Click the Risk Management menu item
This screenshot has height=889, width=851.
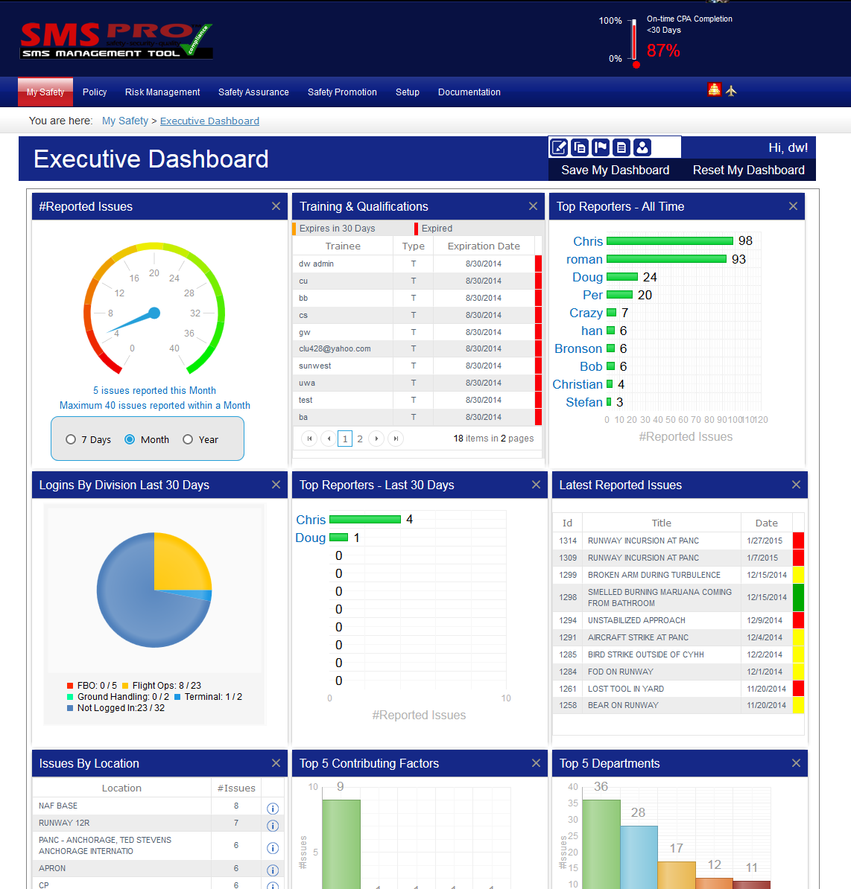(162, 92)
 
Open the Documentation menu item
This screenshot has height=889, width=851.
(469, 92)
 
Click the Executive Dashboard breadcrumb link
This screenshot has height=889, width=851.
(209, 121)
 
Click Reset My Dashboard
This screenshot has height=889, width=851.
(748, 170)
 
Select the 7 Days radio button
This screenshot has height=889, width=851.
(71, 439)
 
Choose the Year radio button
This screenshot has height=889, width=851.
(188, 439)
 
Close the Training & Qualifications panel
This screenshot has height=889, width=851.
(533, 206)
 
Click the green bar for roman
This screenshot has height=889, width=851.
(666, 259)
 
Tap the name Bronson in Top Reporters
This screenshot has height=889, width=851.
(578, 348)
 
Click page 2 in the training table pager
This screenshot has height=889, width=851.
(360, 439)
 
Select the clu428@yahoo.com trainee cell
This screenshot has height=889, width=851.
(335, 348)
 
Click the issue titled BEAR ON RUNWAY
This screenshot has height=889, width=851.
(623, 705)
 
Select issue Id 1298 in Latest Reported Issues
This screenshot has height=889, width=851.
(568, 597)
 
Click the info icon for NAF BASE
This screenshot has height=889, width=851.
(273, 809)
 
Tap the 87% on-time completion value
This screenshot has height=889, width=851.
(662, 51)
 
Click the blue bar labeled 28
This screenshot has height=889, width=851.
(639, 856)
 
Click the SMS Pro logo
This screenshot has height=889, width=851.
(116, 41)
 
